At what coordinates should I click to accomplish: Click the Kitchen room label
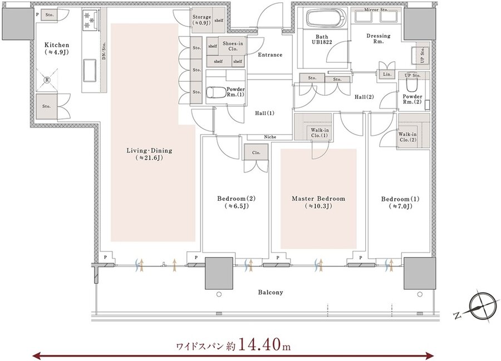(57, 45)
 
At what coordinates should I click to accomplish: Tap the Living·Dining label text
(149, 151)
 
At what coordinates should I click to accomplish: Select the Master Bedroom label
(318, 199)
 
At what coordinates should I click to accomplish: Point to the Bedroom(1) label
(400, 199)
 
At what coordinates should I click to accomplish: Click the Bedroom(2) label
(237, 199)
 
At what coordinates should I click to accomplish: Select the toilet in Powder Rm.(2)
(411, 85)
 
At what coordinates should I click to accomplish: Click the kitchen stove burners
(90, 20)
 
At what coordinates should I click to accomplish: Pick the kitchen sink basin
(90, 70)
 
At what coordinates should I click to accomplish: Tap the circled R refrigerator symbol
(47, 80)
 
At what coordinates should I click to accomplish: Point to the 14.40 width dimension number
(260, 344)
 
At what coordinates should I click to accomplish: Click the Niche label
(270, 137)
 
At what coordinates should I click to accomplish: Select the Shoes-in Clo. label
(233, 46)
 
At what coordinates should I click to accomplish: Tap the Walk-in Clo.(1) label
(320, 133)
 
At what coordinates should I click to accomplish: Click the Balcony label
(271, 292)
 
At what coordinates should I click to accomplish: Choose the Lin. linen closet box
(387, 74)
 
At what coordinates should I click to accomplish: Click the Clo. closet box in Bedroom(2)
(256, 152)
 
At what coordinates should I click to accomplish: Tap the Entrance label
(271, 55)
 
